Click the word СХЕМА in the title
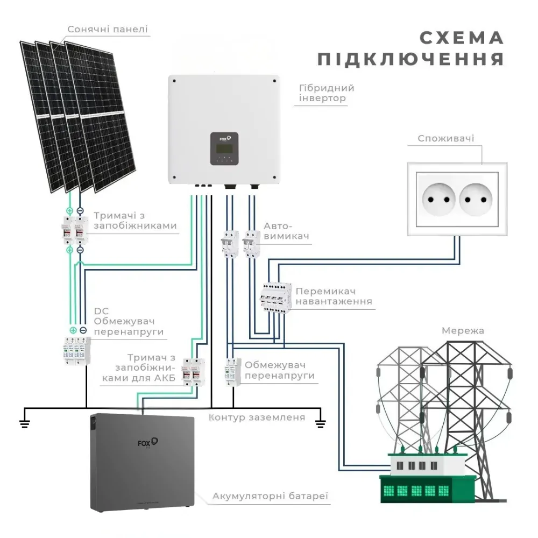click(x=462, y=38)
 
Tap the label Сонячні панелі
click(x=108, y=29)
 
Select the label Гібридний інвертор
click(x=327, y=93)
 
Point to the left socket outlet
click(x=438, y=200)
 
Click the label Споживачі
click(x=445, y=138)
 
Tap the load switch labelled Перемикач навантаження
click(x=275, y=298)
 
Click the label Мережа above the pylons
click(x=463, y=331)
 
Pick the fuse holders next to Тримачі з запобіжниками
click(x=75, y=230)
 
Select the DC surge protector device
click(x=77, y=351)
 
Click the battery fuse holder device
click(x=193, y=371)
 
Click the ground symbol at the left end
click(x=24, y=424)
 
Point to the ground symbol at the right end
click(x=321, y=424)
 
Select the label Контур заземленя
click(x=257, y=417)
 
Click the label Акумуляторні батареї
click(x=271, y=496)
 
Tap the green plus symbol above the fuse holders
click(x=69, y=211)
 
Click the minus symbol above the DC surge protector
click(x=83, y=330)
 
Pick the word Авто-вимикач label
click(x=286, y=231)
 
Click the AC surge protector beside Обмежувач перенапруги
click(x=233, y=372)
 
